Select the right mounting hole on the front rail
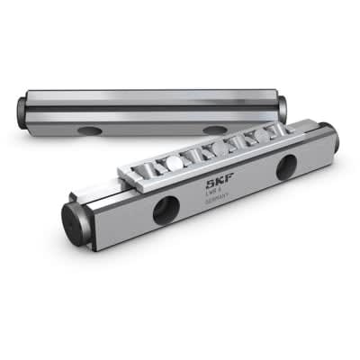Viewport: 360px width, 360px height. point(287,166)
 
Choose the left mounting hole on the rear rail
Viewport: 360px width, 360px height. point(90,131)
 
